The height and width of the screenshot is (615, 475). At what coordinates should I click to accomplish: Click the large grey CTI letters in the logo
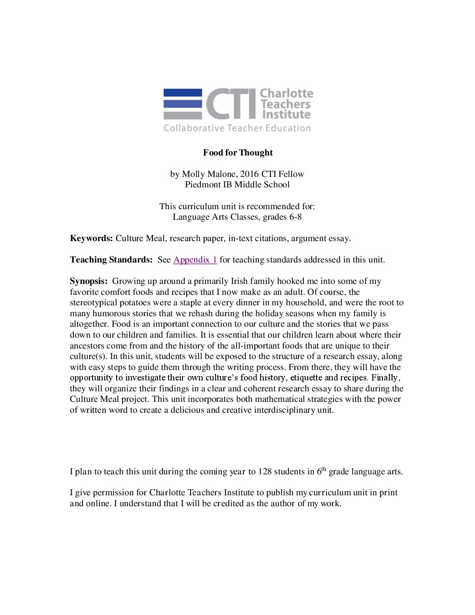click(x=231, y=104)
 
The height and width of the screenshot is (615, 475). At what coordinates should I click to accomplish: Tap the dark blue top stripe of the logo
click(x=182, y=93)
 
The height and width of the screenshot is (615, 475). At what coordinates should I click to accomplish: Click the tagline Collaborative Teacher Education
click(x=237, y=128)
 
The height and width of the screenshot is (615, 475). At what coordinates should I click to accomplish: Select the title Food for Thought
click(x=237, y=152)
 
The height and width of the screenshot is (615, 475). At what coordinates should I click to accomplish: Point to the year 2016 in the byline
click(x=249, y=174)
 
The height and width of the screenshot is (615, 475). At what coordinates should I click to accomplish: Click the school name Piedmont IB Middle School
click(x=237, y=184)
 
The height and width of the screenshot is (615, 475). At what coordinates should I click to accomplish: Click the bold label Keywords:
click(x=91, y=238)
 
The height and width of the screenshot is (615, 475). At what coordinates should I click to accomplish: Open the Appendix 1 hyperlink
click(x=195, y=259)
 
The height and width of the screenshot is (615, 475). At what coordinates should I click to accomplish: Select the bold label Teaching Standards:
click(x=111, y=259)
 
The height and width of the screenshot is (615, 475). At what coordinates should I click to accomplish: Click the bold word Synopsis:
click(x=89, y=281)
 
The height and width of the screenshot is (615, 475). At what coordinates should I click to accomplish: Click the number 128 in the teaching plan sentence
click(x=265, y=471)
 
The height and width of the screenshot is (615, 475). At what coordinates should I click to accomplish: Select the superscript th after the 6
click(x=324, y=469)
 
